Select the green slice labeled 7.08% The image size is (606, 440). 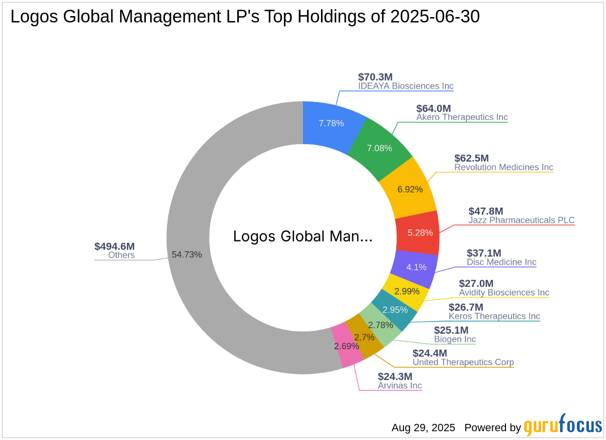pos(379,147)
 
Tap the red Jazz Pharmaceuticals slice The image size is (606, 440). pos(417,233)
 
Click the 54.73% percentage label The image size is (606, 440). pos(186,254)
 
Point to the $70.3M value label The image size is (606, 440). pos(375,77)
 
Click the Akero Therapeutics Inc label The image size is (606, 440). pos(462,117)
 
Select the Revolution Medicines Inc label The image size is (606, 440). pos(503,167)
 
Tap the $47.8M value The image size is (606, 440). pos(485,211)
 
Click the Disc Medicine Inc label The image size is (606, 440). pos(501,262)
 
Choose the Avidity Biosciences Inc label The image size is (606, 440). pos(504,292)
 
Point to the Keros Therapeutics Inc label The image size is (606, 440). pos(494,316)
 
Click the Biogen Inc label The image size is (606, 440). pos(455,339)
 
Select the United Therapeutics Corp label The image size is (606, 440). pos(463,362)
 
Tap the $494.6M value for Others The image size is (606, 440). pos(114,246)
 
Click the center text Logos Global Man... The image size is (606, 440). pos(303,236)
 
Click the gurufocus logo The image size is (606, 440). pos(563,426)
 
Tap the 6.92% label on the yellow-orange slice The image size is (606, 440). pos(410,189)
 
